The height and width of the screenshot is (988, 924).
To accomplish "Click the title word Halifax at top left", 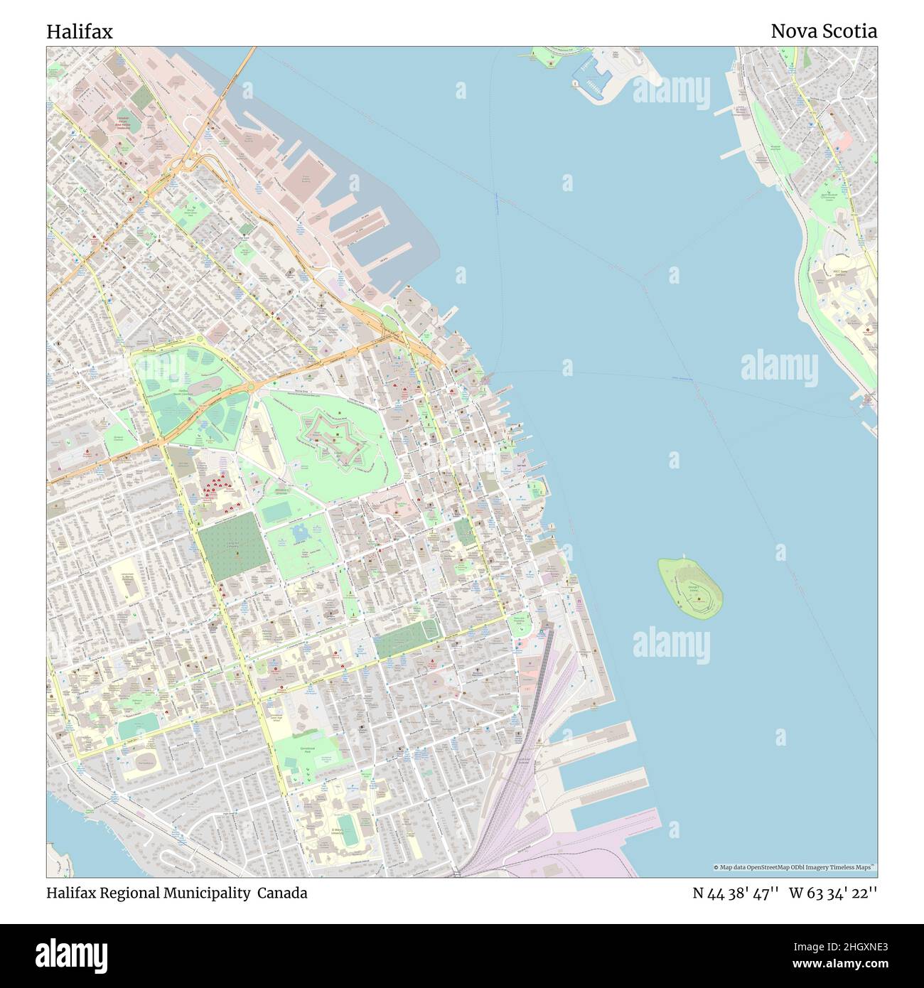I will [79, 32].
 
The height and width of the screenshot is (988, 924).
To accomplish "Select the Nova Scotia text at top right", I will [823, 31].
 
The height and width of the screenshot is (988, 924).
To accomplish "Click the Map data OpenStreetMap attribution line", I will [794, 867].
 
